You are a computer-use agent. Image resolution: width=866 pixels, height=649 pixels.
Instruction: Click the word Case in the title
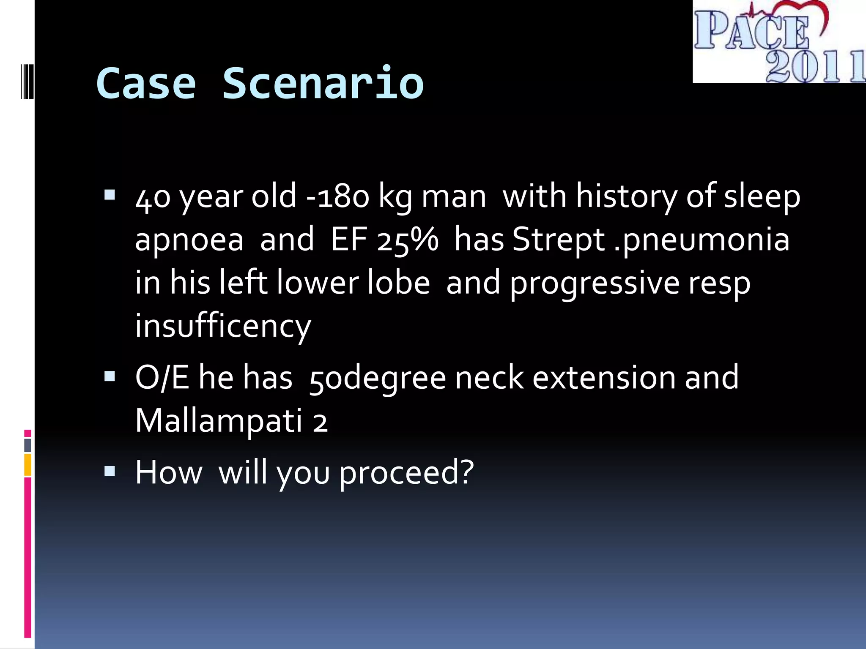[146, 83]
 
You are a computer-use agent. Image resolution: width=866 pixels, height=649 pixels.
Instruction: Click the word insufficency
[223, 326]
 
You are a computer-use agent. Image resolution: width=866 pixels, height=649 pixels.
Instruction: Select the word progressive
[594, 283]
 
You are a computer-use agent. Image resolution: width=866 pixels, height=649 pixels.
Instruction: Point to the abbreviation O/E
[162, 377]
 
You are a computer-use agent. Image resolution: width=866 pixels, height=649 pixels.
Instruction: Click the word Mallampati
[218, 421]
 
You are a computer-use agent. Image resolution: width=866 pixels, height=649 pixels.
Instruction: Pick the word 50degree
[377, 377]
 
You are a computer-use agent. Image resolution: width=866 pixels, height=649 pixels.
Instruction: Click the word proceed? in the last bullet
[406, 472]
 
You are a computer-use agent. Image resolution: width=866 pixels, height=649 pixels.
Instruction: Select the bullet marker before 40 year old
[110, 195]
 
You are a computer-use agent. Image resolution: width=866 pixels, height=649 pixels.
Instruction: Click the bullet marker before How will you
[110, 471]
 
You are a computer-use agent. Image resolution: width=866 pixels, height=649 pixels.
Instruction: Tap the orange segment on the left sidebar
[28, 465]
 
